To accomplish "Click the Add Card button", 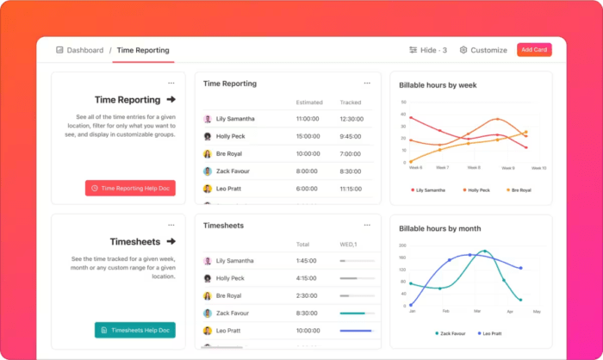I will pos(534,50).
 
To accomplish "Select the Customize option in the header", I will pos(483,50).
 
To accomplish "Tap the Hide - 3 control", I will pos(428,50).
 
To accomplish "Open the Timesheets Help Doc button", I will pos(134,330).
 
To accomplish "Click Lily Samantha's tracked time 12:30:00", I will pos(351,119).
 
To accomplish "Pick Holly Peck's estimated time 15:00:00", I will pos(308,136).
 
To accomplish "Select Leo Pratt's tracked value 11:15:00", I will pos(351,189).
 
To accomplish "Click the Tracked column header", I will pos(351,102).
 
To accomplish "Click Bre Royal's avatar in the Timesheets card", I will pos(208,295).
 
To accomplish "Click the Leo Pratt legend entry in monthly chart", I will pos(491,332).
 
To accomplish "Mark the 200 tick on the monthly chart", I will pos(401,245).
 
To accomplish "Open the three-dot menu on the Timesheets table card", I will pos(367,225).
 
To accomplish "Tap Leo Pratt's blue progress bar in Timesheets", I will pos(356,331).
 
